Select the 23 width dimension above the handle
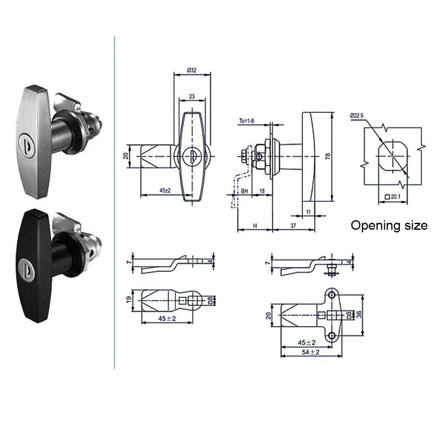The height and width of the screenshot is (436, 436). pyautogui.click(x=192, y=96)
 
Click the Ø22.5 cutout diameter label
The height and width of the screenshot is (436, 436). pyautogui.click(x=358, y=116)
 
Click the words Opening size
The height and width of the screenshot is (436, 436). pyautogui.click(x=389, y=225)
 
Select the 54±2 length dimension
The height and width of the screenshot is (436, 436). pyautogui.click(x=309, y=352)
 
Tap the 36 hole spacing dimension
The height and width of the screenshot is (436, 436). pyautogui.click(x=359, y=315)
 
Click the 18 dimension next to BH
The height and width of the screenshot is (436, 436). pyautogui.click(x=262, y=191)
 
